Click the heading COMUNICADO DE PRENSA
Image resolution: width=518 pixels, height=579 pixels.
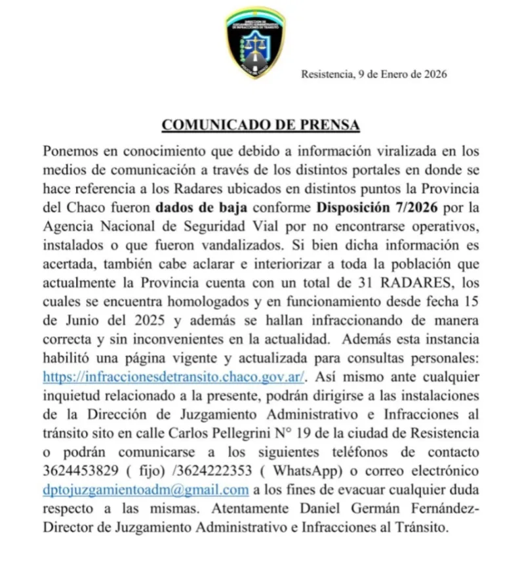(x=260, y=125)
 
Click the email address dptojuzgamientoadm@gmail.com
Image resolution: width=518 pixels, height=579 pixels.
(x=146, y=490)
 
